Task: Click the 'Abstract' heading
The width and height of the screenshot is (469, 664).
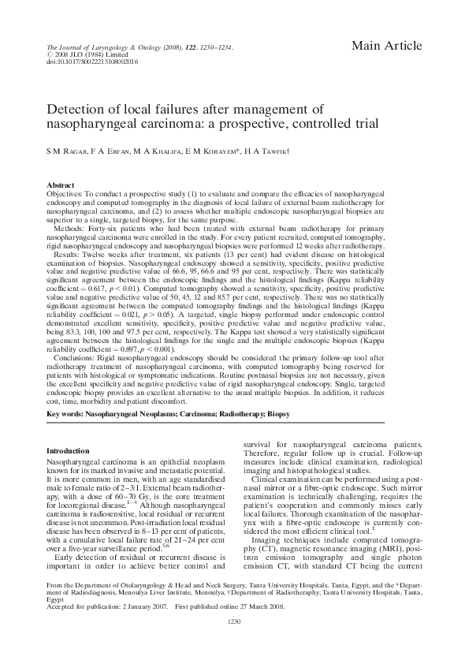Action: click(61, 184)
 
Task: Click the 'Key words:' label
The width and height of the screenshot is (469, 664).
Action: click(65, 414)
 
